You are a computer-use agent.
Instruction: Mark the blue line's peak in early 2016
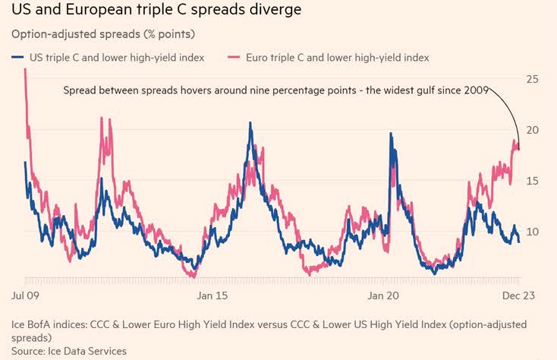(x=250, y=123)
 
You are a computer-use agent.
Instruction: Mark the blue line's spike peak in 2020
(x=392, y=134)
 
